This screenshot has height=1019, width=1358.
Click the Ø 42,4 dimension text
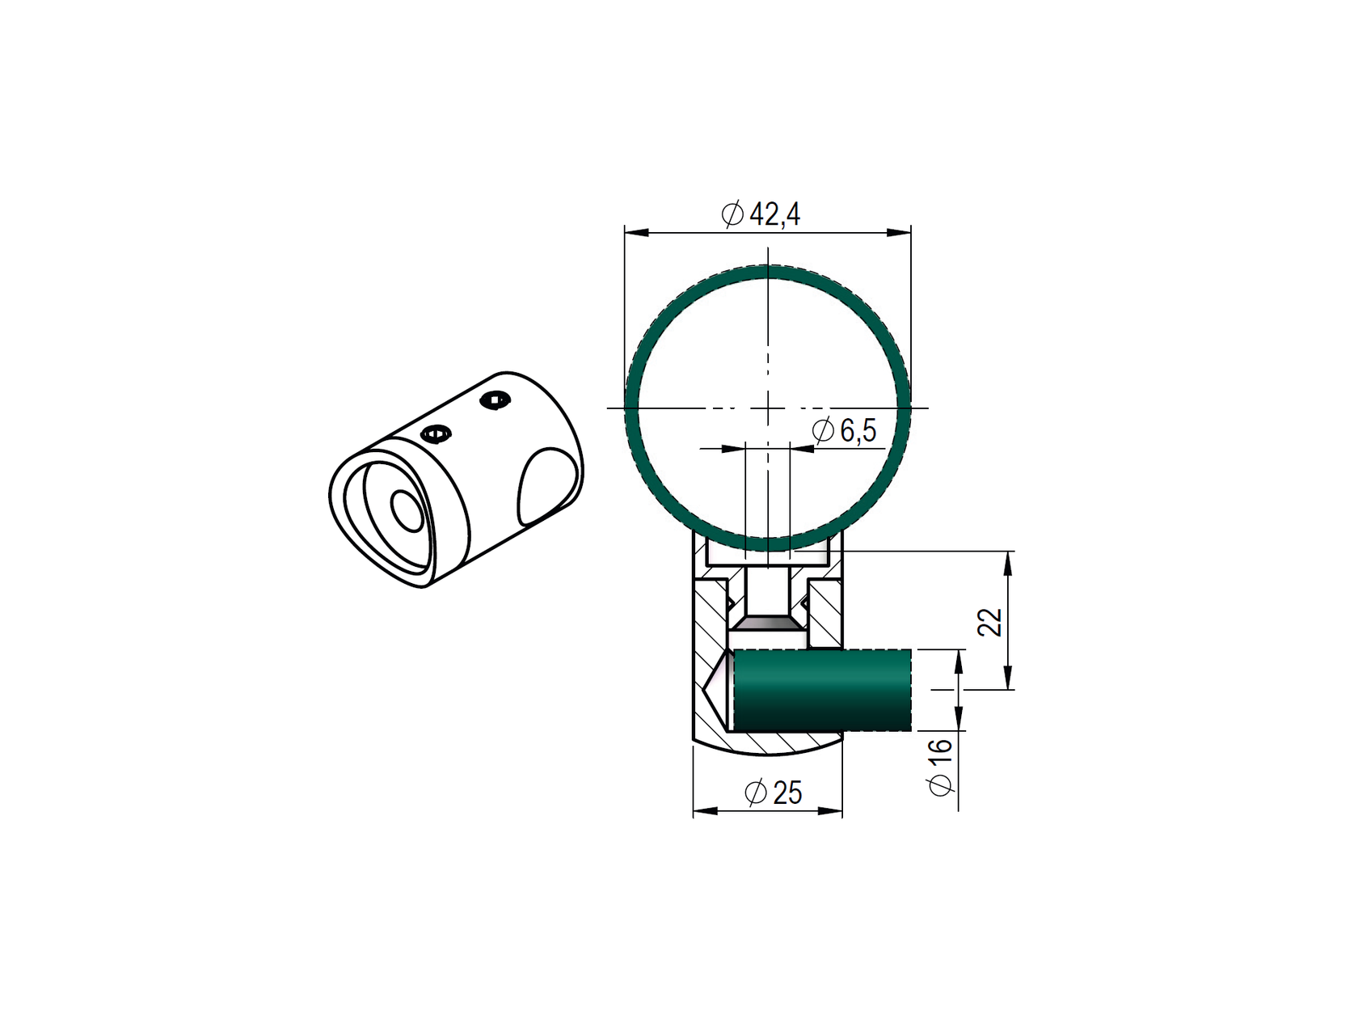tap(761, 215)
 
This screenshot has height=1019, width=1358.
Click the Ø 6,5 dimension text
tap(845, 431)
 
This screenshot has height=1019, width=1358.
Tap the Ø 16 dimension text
tap(941, 766)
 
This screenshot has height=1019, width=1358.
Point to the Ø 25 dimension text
tap(774, 793)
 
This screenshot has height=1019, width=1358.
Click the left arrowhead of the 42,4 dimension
tap(637, 233)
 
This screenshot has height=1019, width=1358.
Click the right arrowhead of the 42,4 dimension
tap(899, 233)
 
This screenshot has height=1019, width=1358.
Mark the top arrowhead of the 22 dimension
tap(1007, 563)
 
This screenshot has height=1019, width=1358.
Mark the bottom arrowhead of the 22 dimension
tap(1007, 678)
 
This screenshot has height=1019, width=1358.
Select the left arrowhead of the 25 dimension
tap(705, 810)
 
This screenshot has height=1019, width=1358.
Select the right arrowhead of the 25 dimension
tap(831, 810)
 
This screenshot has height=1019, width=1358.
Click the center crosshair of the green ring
tap(768, 407)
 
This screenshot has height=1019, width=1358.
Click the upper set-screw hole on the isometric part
tap(496, 400)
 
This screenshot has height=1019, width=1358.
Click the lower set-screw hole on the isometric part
tap(436, 434)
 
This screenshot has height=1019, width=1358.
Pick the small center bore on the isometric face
tap(407, 510)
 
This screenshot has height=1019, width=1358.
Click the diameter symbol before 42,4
tap(732, 215)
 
